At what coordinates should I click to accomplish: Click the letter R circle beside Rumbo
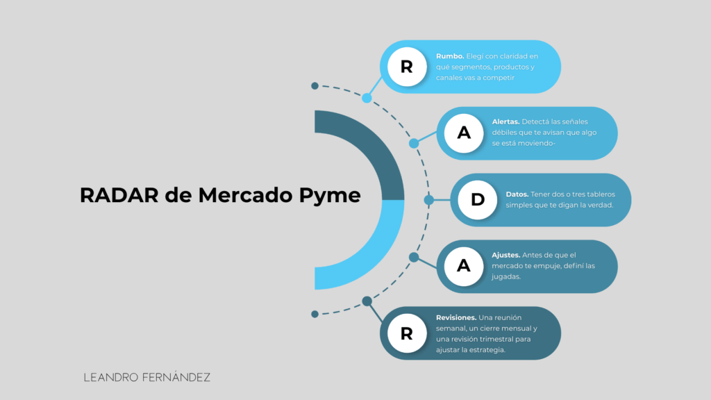click(x=407, y=67)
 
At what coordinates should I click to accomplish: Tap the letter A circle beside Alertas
click(x=463, y=133)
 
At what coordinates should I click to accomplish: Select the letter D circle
click(x=478, y=199)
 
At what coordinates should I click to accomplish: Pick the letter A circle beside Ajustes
click(x=463, y=266)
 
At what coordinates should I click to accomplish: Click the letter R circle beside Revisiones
click(x=407, y=333)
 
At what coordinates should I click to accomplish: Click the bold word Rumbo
click(x=450, y=56)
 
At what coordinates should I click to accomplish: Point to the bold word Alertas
click(x=505, y=122)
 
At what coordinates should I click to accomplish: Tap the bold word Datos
click(x=517, y=194)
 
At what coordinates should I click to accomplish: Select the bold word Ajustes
click(x=506, y=255)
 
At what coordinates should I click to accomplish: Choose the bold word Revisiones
click(x=456, y=317)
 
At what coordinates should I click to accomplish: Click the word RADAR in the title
click(x=119, y=195)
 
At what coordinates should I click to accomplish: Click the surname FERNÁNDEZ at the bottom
click(x=176, y=377)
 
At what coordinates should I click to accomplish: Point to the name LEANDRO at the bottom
click(x=111, y=377)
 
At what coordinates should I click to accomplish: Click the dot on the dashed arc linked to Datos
click(x=428, y=199)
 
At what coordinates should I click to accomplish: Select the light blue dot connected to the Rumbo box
click(x=367, y=98)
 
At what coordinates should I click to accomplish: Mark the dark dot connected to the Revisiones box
click(x=367, y=301)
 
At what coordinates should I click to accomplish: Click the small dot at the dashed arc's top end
click(x=315, y=85)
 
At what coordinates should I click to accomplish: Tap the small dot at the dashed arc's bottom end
click(x=315, y=314)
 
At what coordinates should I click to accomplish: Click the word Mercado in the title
click(x=245, y=195)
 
